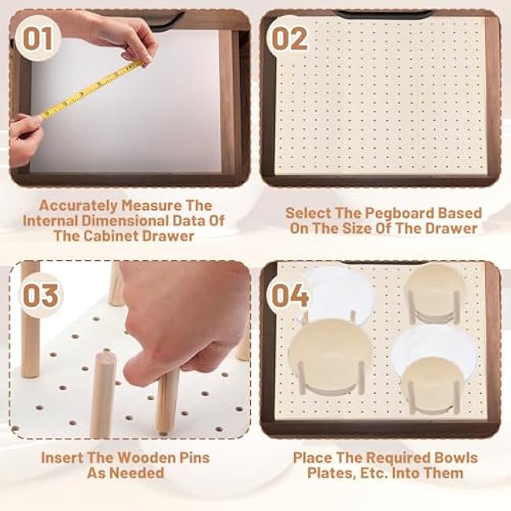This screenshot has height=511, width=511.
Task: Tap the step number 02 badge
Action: tap(289, 36)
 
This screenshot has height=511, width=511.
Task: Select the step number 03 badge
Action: tap(39, 296)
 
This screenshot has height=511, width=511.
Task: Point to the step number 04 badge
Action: tap(292, 296)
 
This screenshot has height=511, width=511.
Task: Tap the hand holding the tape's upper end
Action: tap(126, 39)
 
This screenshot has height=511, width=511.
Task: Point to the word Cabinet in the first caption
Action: tap(119, 236)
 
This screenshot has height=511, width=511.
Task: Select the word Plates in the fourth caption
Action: tap(329, 472)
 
